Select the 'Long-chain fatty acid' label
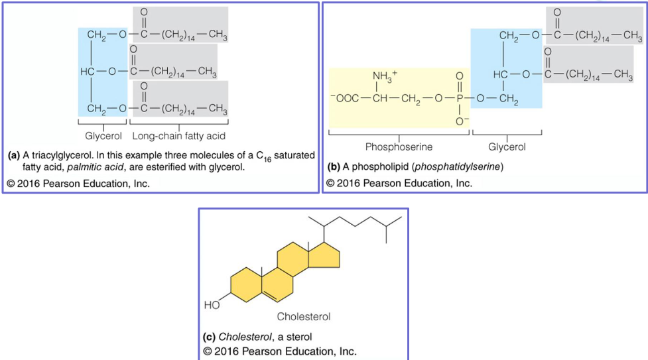[178, 136]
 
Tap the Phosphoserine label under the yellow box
[399, 147]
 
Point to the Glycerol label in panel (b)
[507, 147]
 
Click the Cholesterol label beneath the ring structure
[303, 316]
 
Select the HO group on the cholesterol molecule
[212, 305]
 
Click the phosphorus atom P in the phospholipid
[459, 99]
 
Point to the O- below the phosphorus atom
[459, 121]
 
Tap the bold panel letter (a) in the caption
[14, 156]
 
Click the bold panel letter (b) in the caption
[334, 167]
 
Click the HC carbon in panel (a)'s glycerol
[87, 71]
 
